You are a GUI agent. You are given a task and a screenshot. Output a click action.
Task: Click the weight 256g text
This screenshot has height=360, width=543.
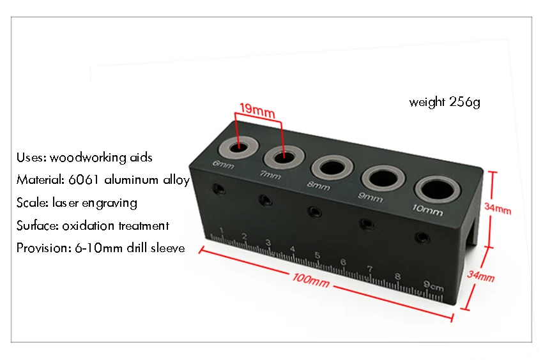point(444,101)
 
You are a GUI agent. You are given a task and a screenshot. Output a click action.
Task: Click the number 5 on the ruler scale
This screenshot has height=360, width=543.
point(317,256)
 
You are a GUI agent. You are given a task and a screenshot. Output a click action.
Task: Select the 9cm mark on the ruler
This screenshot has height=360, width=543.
point(433,285)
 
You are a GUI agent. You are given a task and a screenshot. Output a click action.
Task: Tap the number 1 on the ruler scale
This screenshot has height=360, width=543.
point(221,230)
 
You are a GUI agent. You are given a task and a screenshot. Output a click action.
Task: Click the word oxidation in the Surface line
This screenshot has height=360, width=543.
point(86,225)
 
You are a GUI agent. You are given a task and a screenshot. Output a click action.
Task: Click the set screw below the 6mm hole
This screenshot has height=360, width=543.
point(219,188)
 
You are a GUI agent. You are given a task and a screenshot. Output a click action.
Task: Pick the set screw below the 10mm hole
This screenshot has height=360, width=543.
point(420,237)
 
